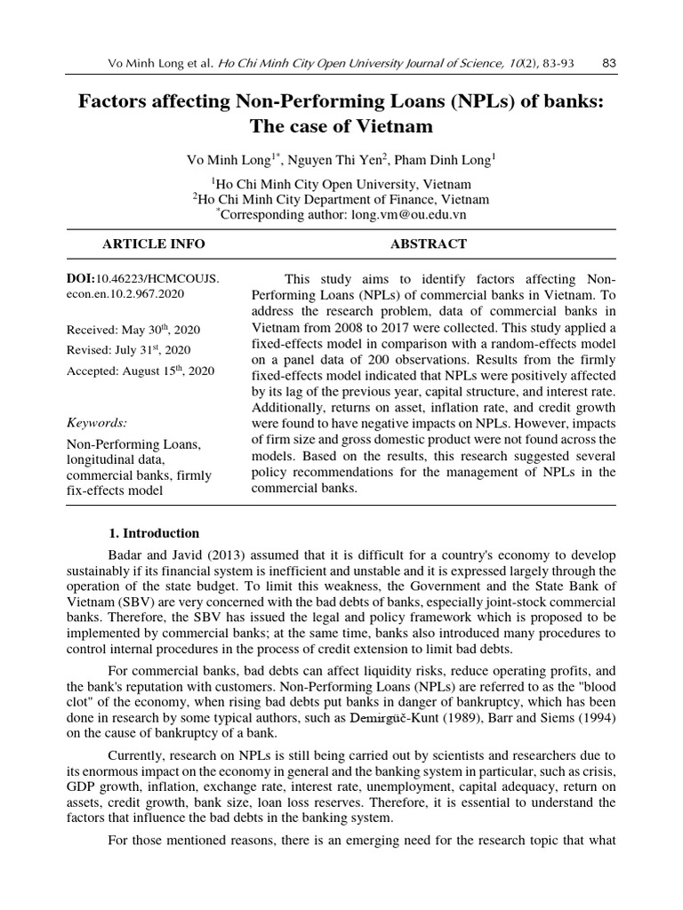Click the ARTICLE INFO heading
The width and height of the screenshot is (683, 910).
pyautogui.click(x=153, y=243)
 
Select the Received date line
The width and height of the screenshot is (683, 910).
pyautogui.click(x=133, y=330)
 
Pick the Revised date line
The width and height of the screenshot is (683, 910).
pyautogui.click(x=128, y=350)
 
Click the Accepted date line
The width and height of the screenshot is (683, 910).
pyautogui.click(x=140, y=371)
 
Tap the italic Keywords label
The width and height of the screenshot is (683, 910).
pyautogui.click(x=97, y=422)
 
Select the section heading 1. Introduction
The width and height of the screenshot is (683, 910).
pyautogui.click(x=153, y=533)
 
